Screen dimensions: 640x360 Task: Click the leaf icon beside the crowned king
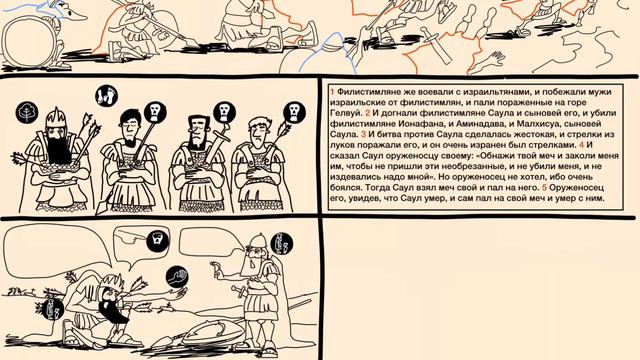27,113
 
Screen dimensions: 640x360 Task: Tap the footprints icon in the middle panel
106,96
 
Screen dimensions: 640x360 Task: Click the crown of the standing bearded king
55,117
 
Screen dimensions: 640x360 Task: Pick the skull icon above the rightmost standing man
294,112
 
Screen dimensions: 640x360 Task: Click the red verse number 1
332,92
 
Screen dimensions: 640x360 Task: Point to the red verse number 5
544,188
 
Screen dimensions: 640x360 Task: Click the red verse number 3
363,134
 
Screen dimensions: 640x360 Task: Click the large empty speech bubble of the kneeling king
57,246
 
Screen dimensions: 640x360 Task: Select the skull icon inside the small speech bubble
158,241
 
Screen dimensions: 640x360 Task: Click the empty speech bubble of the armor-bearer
210,242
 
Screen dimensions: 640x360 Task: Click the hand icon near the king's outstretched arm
178,277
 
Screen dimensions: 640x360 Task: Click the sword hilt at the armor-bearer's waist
238,291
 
